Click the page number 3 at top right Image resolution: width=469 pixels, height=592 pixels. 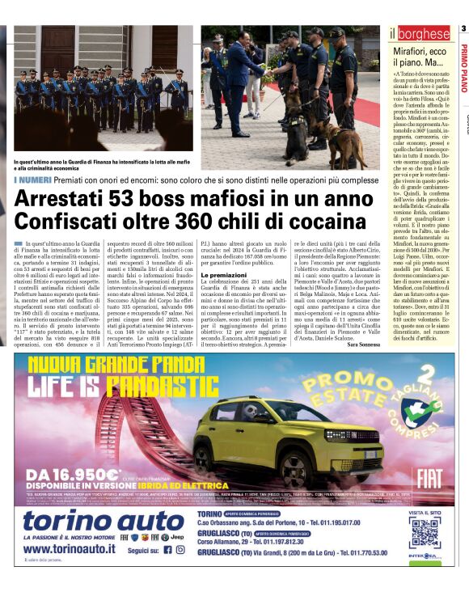point(463,28)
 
